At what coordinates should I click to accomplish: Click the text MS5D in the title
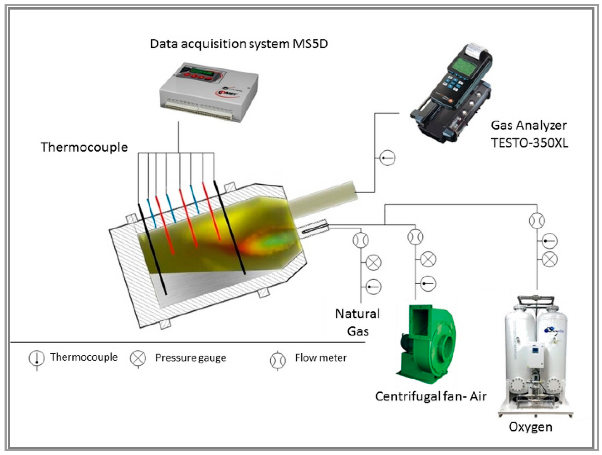[310, 44]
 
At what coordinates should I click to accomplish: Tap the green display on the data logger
[198, 72]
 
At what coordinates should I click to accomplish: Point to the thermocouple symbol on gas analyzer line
[387, 158]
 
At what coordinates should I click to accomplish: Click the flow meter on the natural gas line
[360, 240]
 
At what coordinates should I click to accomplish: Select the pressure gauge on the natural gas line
[373, 263]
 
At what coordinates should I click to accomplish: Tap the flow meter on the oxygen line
[537, 221]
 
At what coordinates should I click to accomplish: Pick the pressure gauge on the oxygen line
[550, 259]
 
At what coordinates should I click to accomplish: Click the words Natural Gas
[357, 322]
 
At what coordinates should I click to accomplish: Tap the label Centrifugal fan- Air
[431, 396]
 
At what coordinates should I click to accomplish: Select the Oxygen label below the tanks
[530, 427]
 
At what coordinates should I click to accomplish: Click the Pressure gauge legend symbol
[138, 358]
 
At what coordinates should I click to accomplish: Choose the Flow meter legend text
[321, 358]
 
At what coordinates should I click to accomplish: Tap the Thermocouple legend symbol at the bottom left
[36, 359]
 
